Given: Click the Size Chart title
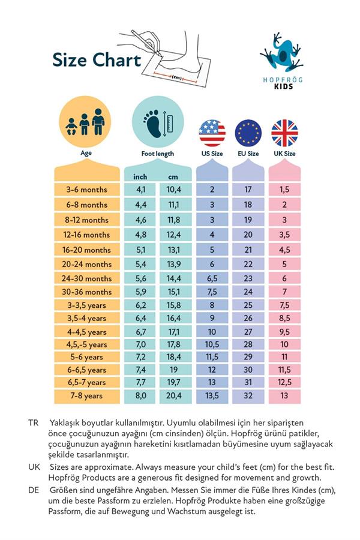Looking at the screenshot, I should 97,61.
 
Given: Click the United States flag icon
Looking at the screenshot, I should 212,133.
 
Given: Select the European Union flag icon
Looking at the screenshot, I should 248,133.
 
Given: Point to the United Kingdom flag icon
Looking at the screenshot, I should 284,133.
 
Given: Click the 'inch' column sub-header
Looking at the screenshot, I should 140,176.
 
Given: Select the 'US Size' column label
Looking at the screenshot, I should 212,154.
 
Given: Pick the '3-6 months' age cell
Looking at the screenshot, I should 87,190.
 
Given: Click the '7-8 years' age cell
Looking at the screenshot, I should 87,396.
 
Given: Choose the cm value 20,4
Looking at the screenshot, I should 174,396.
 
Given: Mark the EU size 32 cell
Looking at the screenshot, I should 248,396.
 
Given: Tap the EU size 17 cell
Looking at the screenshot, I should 248,190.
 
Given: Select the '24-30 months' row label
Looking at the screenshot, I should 87,279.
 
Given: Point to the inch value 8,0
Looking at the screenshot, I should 140,396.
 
